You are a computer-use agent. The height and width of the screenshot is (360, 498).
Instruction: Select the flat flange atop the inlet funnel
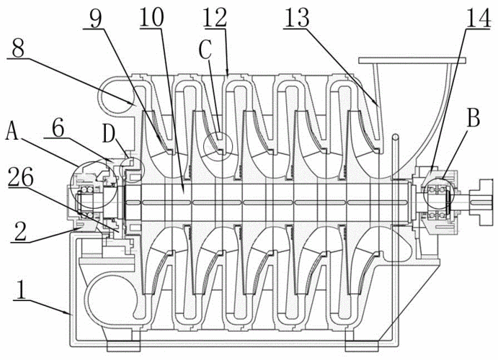(407, 62)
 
